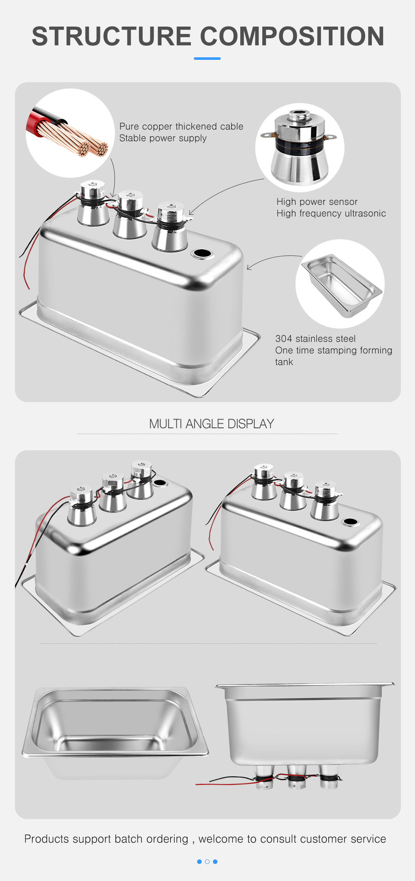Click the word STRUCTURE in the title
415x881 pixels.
click(x=112, y=36)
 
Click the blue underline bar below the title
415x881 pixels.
click(x=207, y=59)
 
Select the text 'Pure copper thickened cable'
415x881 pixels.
click(x=181, y=127)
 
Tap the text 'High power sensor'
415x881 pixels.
click(x=317, y=202)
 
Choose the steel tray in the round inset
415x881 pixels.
click(x=342, y=285)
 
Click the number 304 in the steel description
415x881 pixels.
click(x=284, y=339)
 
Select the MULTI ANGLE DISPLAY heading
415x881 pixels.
click(x=212, y=424)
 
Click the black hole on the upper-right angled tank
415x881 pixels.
click(x=350, y=522)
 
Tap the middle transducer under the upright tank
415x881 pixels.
click(x=296, y=777)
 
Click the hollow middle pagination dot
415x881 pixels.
click(x=207, y=861)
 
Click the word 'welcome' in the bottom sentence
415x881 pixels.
click(x=221, y=839)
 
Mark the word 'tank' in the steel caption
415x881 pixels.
click(x=284, y=362)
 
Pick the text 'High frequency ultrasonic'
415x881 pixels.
click(x=331, y=214)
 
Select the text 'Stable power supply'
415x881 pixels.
click(x=163, y=138)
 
